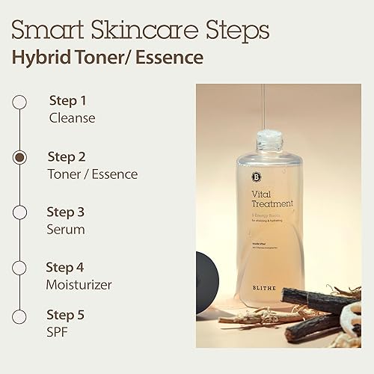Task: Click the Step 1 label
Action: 67,100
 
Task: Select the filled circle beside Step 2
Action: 20,158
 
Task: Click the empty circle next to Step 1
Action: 20,102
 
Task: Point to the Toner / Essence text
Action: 93,174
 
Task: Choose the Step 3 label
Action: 67,212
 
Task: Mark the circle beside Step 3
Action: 20,213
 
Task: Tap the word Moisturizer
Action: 79,284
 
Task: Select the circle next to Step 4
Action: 20,269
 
